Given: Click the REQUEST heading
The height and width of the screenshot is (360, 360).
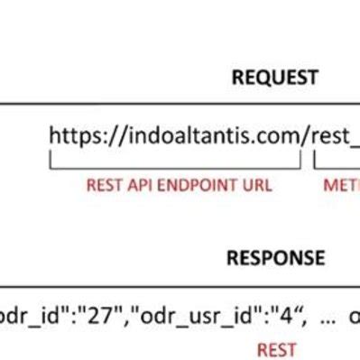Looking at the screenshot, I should coord(275,78).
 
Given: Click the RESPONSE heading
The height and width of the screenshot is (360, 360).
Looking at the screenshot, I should coord(275,258).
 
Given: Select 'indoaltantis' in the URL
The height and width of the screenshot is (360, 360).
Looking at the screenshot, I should coord(185,136).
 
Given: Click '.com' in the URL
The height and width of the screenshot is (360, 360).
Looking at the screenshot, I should coord(275,136).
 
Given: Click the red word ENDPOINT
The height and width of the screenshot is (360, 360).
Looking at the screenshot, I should coord(199,186).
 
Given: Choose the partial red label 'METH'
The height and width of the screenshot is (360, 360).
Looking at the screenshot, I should coord(341,186).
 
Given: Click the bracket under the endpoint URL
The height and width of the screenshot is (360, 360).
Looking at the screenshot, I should coord(175,167).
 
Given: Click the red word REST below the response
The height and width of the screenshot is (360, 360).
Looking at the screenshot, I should coord(277,347).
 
